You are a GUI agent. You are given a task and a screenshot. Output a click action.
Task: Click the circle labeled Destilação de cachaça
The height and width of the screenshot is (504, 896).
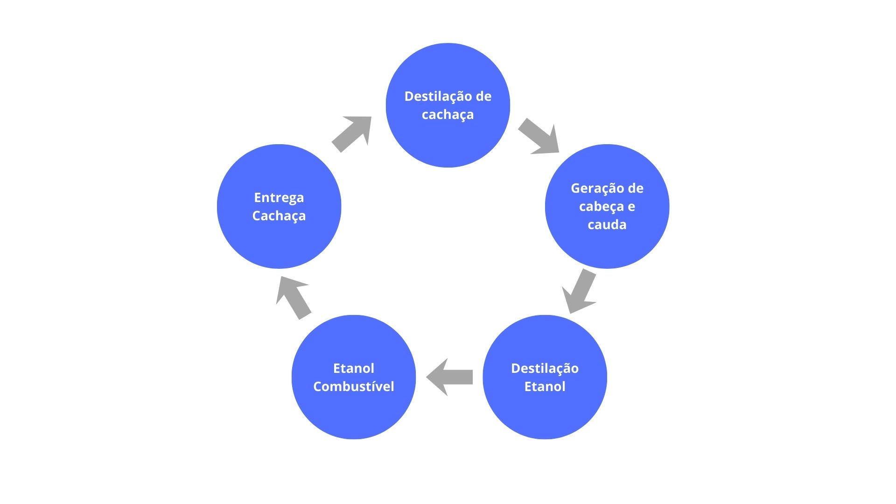pos(448,140)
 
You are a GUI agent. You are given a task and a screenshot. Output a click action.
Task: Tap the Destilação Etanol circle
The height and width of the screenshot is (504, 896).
pos(545,411)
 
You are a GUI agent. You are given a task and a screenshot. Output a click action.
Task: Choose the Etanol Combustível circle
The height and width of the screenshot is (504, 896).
pos(353,411)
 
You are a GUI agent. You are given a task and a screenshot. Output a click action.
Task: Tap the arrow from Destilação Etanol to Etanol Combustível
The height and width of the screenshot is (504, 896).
pos(449,377)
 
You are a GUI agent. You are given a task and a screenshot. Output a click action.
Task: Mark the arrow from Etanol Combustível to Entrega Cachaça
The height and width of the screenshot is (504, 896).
pos(293,297)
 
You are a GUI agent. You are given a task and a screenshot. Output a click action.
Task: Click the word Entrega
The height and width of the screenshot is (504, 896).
pos(279,198)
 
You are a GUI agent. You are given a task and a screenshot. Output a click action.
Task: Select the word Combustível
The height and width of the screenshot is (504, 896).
pos(353,386)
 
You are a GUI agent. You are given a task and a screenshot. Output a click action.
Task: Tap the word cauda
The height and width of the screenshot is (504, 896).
pos(607,224)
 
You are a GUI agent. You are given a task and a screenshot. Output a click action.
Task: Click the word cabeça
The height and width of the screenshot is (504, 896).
pos(601,207)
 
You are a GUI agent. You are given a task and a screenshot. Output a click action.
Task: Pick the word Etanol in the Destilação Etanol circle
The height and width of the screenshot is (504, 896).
pos(545,386)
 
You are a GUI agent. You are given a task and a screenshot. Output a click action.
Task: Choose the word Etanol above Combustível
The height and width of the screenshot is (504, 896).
pos(353,368)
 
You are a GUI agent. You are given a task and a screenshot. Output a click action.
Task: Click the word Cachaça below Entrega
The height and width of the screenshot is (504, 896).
pos(279,216)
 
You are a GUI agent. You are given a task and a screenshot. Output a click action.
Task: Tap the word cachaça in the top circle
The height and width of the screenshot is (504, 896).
pos(448,115)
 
